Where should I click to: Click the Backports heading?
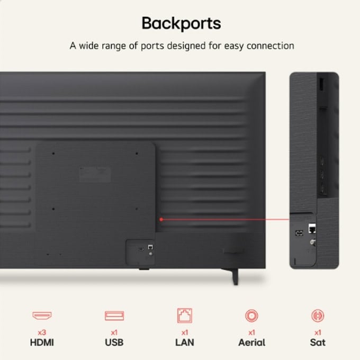click(182, 23)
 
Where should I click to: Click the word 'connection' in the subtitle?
click(270, 46)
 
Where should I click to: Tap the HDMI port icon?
click(42, 316)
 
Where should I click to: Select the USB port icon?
click(114, 316)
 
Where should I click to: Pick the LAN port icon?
click(185, 316)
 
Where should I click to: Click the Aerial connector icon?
click(251, 316)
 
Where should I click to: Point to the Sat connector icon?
click(318, 316)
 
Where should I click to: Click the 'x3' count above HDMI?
click(42, 332)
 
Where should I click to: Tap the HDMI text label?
click(42, 343)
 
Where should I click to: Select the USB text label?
click(114, 343)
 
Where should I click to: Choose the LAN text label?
click(185, 343)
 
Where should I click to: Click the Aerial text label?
click(251, 343)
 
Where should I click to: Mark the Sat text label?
click(318, 343)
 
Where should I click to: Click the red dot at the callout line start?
click(161, 220)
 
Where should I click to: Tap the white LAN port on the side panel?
click(312, 228)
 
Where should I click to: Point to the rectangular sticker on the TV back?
click(95, 175)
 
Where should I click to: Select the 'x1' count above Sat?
click(318, 332)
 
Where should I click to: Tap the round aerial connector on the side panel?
click(312, 242)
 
